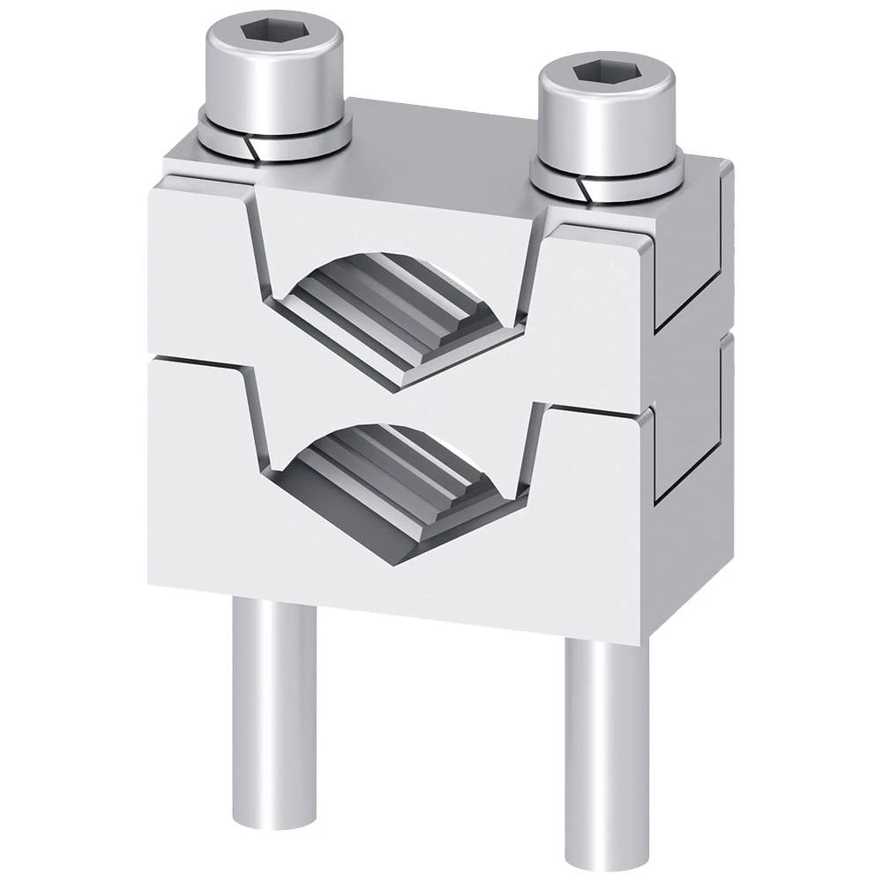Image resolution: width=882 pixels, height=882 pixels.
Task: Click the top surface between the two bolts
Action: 441,141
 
